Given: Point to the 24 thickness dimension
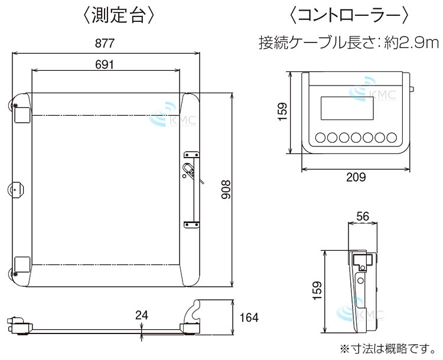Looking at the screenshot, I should [x=141, y=315].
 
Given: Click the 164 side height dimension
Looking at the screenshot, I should [x=249, y=318].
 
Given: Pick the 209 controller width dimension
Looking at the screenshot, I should [x=356, y=177].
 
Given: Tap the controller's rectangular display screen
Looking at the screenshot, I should [x=347, y=109].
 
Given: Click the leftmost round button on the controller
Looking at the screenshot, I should [x=321, y=138].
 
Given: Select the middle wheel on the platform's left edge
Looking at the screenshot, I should [x=15, y=189].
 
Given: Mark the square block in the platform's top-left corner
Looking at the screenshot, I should [x=22, y=113].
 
